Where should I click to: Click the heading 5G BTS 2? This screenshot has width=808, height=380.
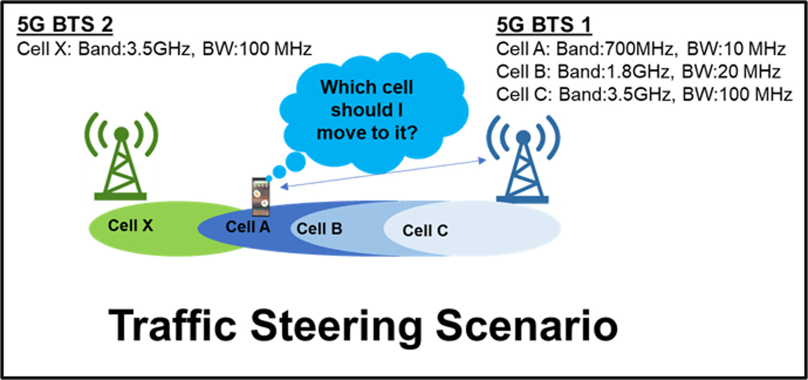click(65, 25)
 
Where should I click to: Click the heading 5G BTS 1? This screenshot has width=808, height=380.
click(544, 25)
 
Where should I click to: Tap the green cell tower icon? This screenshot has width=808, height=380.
click(121, 156)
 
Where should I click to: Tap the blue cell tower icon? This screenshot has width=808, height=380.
click(523, 159)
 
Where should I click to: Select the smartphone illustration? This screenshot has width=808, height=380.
click(261, 196)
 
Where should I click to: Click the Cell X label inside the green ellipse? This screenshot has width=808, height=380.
click(130, 226)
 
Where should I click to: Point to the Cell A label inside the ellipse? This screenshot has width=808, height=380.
click(248, 227)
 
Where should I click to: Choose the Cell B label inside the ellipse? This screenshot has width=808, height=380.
click(319, 229)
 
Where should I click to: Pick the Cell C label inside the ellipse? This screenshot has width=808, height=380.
click(425, 230)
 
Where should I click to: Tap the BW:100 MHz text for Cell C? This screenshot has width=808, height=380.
click(737, 94)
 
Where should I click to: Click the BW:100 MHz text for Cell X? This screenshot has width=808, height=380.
click(257, 49)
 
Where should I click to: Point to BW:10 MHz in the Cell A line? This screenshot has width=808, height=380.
click(736, 49)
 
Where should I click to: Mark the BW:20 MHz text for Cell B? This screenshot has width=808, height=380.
click(731, 72)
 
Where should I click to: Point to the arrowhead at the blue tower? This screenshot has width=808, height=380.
click(482, 160)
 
